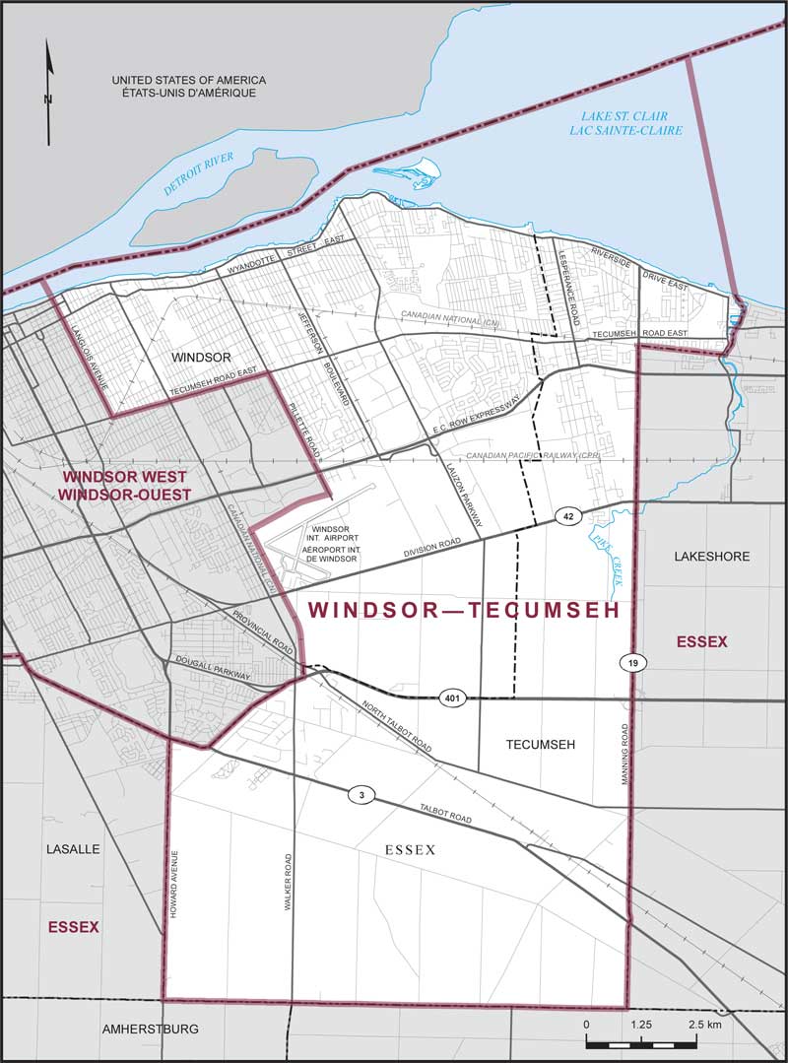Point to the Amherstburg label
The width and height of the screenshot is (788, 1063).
(x=151, y=1029)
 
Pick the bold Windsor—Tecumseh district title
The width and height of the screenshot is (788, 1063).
(x=463, y=611)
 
